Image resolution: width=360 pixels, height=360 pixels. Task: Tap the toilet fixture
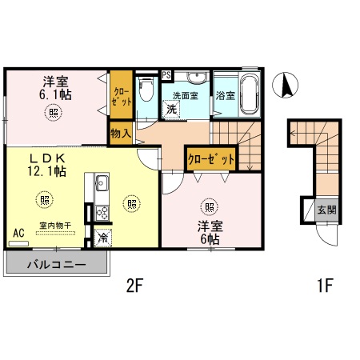click(145, 93)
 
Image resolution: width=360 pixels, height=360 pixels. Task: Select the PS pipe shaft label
click(166, 76)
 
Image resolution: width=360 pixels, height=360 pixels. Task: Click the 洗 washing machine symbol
click(173, 110)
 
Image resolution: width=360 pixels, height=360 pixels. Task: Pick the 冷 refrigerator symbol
click(102, 237)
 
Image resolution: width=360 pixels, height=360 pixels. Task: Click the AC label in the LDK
click(18, 234)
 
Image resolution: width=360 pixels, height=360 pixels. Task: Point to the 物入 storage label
click(121, 134)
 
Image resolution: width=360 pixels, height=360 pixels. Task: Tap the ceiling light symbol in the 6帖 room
click(210, 208)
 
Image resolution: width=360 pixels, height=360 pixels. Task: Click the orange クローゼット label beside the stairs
click(212, 159)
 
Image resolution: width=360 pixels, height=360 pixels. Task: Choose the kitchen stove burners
click(102, 213)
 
